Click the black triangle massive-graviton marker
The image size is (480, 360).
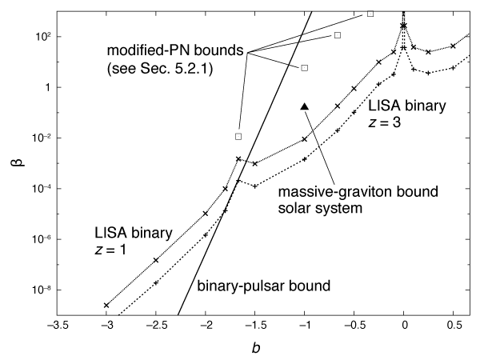[304, 106]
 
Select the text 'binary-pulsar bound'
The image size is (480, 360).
[253, 284]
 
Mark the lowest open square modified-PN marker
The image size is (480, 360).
[238, 137]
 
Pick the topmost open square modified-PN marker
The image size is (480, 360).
[370, 14]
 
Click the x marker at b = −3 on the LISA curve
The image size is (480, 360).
[106, 305]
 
